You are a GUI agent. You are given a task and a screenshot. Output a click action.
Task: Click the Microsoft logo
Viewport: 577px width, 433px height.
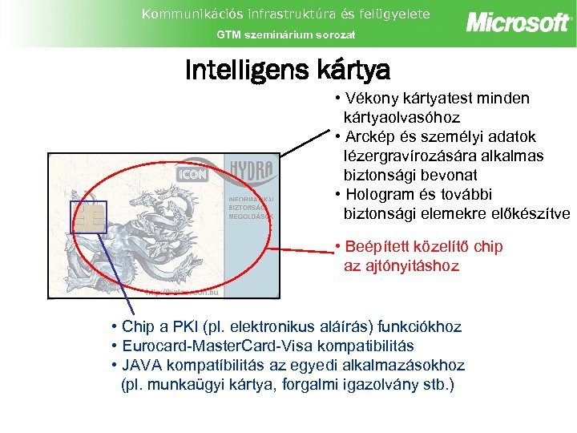pyautogui.click(x=517, y=22)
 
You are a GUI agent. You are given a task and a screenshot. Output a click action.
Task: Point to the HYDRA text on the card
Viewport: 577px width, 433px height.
pyautogui.click(x=251, y=172)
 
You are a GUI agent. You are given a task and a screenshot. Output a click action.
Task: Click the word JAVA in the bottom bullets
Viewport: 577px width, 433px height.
pyautogui.click(x=141, y=366)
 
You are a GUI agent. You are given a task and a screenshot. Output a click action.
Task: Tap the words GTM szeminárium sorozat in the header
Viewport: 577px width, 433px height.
pyautogui.click(x=286, y=34)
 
